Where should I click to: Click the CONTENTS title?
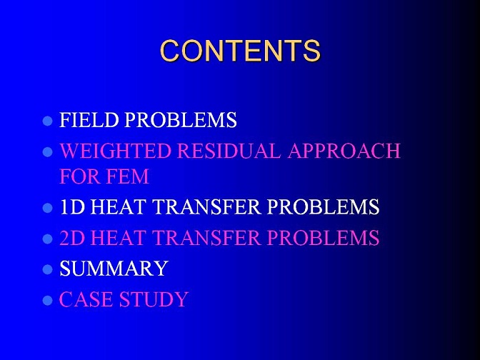pyautogui.click(x=240, y=51)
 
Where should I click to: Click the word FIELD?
pyautogui.click(x=89, y=120)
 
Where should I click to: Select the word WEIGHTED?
pyautogui.click(x=115, y=151)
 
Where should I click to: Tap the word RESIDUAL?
pyautogui.click(x=229, y=151)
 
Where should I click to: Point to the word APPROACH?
pyautogui.click(x=344, y=151)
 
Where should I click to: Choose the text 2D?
pyautogui.click(x=72, y=238)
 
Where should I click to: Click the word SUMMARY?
pyautogui.click(x=114, y=269)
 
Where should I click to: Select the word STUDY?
pyautogui.click(x=154, y=299)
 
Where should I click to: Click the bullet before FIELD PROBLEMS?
pyautogui.click(x=47, y=121)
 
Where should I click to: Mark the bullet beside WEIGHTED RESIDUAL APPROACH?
pyautogui.click(x=47, y=152)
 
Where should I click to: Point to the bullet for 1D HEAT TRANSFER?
pyautogui.click(x=47, y=208)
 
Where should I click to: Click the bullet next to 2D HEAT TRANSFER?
pyautogui.click(x=47, y=239)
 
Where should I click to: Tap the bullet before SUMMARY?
pyautogui.click(x=47, y=270)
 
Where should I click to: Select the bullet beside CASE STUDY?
pyautogui.click(x=47, y=301)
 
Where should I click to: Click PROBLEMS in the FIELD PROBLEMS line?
pyautogui.click(x=181, y=120)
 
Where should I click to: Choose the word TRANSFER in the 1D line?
pyautogui.click(x=206, y=206)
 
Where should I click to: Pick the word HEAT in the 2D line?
pyautogui.click(x=118, y=238)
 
